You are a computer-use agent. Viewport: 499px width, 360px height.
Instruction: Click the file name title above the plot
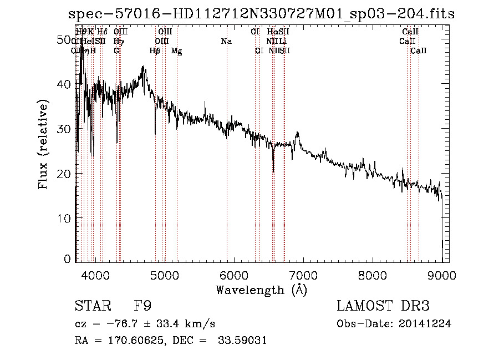(x=261, y=14)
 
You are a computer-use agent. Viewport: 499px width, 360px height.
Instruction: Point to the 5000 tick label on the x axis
(x=164, y=275)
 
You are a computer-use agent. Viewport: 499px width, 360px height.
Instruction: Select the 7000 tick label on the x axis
(x=303, y=275)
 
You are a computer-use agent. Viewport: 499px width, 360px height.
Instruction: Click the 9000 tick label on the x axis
(x=441, y=275)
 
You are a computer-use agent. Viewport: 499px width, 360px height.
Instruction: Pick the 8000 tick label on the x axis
(x=372, y=275)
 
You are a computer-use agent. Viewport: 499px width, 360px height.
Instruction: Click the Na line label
(x=226, y=42)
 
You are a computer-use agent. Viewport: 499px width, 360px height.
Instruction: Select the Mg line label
(x=176, y=51)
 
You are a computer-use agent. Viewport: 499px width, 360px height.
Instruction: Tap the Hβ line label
(x=155, y=51)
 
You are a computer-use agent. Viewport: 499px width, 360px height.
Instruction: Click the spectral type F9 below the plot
(x=142, y=306)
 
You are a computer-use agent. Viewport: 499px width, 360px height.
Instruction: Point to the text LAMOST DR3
(x=383, y=306)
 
